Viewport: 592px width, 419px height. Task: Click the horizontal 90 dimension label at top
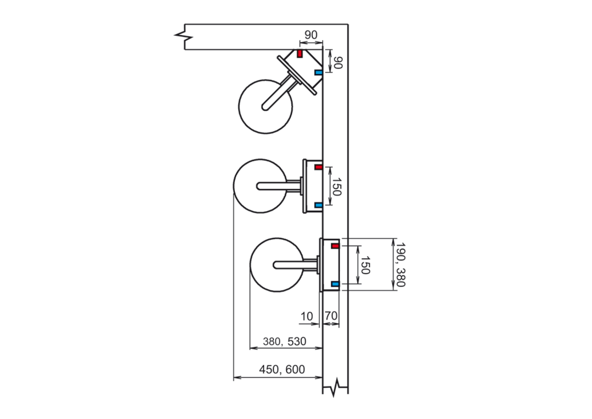pos(311,35)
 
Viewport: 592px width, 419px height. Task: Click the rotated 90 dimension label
pos(338,63)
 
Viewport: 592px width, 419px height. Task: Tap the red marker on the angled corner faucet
pos(300,53)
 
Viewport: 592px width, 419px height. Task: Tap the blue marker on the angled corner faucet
pos(318,72)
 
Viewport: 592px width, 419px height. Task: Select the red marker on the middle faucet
pos(318,167)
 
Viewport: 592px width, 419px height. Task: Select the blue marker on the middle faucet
pos(318,205)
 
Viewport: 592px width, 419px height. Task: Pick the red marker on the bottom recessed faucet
pos(335,246)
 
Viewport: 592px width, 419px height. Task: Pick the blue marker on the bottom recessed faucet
pos(335,284)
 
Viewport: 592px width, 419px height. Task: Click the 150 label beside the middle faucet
pos(337,187)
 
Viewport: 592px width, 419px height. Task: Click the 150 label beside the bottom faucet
pos(365,265)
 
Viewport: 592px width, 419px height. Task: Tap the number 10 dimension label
pos(307,316)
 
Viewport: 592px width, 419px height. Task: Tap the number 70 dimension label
pos(331,316)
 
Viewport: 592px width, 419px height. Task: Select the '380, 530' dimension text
pos(285,342)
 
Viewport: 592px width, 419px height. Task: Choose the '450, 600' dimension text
pos(282,369)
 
